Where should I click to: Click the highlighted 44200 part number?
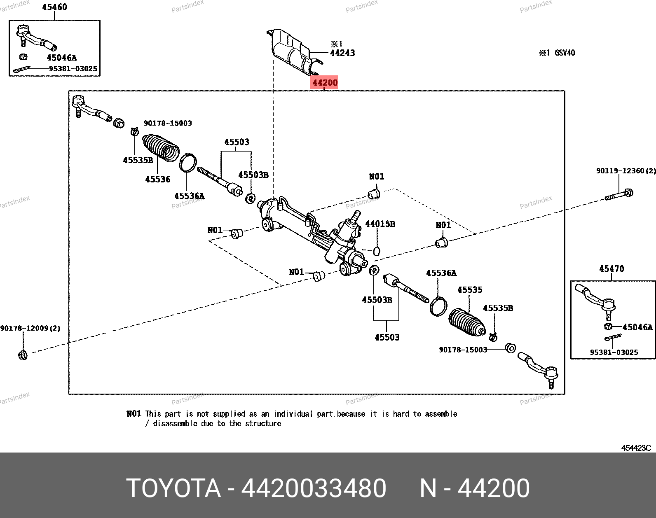(x=324, y=82)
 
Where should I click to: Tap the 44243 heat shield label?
(x=343, y=53)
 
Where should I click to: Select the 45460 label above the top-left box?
(x=54, y=7)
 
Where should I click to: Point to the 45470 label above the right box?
(x=611, y=268)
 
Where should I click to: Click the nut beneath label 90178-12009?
(x=23, y=355)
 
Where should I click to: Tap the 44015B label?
(x=380, y=224)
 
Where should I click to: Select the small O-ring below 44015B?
(x=377, y=251)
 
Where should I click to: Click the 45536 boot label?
(x=157, y=179)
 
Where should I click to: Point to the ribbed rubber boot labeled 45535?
(x=467, y=322)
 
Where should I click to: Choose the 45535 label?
(x=470, y=289)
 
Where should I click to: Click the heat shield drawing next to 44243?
(x=295, y=52)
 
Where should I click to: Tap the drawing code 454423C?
(x=636, y=448)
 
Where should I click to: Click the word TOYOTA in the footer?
(x=174, y=488)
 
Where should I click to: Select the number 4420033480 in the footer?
(x=314, y=488)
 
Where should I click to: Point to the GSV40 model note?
(x=565, y=53)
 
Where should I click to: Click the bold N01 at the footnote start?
(x=134, y=413)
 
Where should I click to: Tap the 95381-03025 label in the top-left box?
(x=73, y=68)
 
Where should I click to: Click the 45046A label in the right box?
(x=637, y=327)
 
